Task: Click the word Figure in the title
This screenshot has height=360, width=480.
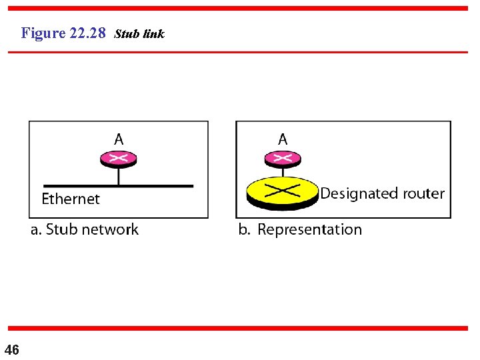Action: (43, 33)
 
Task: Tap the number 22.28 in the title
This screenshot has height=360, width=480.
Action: (87, 33)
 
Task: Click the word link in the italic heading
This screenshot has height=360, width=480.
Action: (153, 33)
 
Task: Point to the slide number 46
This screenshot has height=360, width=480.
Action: (11, 349)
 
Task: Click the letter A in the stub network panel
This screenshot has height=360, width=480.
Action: (119, 139)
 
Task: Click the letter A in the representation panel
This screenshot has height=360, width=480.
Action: (283, 139)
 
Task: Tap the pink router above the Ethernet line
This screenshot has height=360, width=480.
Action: (119, 159)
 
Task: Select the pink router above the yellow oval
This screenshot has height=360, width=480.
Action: (283, 159)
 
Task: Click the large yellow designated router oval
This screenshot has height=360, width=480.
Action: (283, 191)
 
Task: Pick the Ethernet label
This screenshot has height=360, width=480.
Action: (71, 199)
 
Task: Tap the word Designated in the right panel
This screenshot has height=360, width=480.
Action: (359, 194)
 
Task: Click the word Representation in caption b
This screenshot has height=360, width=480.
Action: (310, 230)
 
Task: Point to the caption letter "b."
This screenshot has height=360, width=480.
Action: (245, 230)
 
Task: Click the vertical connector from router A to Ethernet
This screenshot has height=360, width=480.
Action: (119, 176)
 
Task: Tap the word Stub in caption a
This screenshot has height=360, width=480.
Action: (62, 230)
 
